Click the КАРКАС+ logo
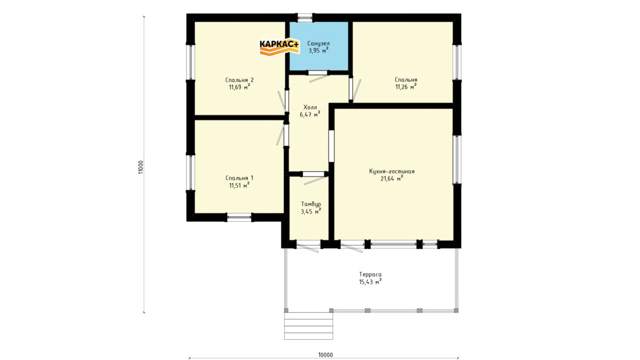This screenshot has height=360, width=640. click(x=279, y=47)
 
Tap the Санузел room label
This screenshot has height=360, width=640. click(x=318, y=43)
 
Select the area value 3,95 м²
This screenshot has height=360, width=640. click(x=318, y=51)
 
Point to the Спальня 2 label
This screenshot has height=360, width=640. click(x=239, y=80)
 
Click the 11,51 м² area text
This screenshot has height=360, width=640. click(x=239, y=185)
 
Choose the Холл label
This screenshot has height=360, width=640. click(x=310, y=107)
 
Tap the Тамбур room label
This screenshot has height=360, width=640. click(x=311, y=204)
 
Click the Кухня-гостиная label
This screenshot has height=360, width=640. click(x=391, y=171)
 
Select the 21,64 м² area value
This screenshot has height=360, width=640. click(x=391, y=179)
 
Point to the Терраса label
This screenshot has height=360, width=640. click(x=370, y=274)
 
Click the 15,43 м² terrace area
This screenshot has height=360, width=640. click(x=370, y=282)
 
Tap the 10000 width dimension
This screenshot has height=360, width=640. click(x=326, y=355)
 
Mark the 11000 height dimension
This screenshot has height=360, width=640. click(x=141, y=167)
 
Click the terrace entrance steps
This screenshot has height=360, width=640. click(x=309, y=326)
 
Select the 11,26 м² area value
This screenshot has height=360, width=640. click(x=406, y=87)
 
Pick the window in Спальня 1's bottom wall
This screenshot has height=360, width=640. click(x=239, y=218)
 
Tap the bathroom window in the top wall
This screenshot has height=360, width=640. click(x=305, y=18)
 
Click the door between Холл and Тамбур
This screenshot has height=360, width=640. click(x=314, y=174)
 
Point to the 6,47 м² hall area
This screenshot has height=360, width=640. click(x=310, y=115)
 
